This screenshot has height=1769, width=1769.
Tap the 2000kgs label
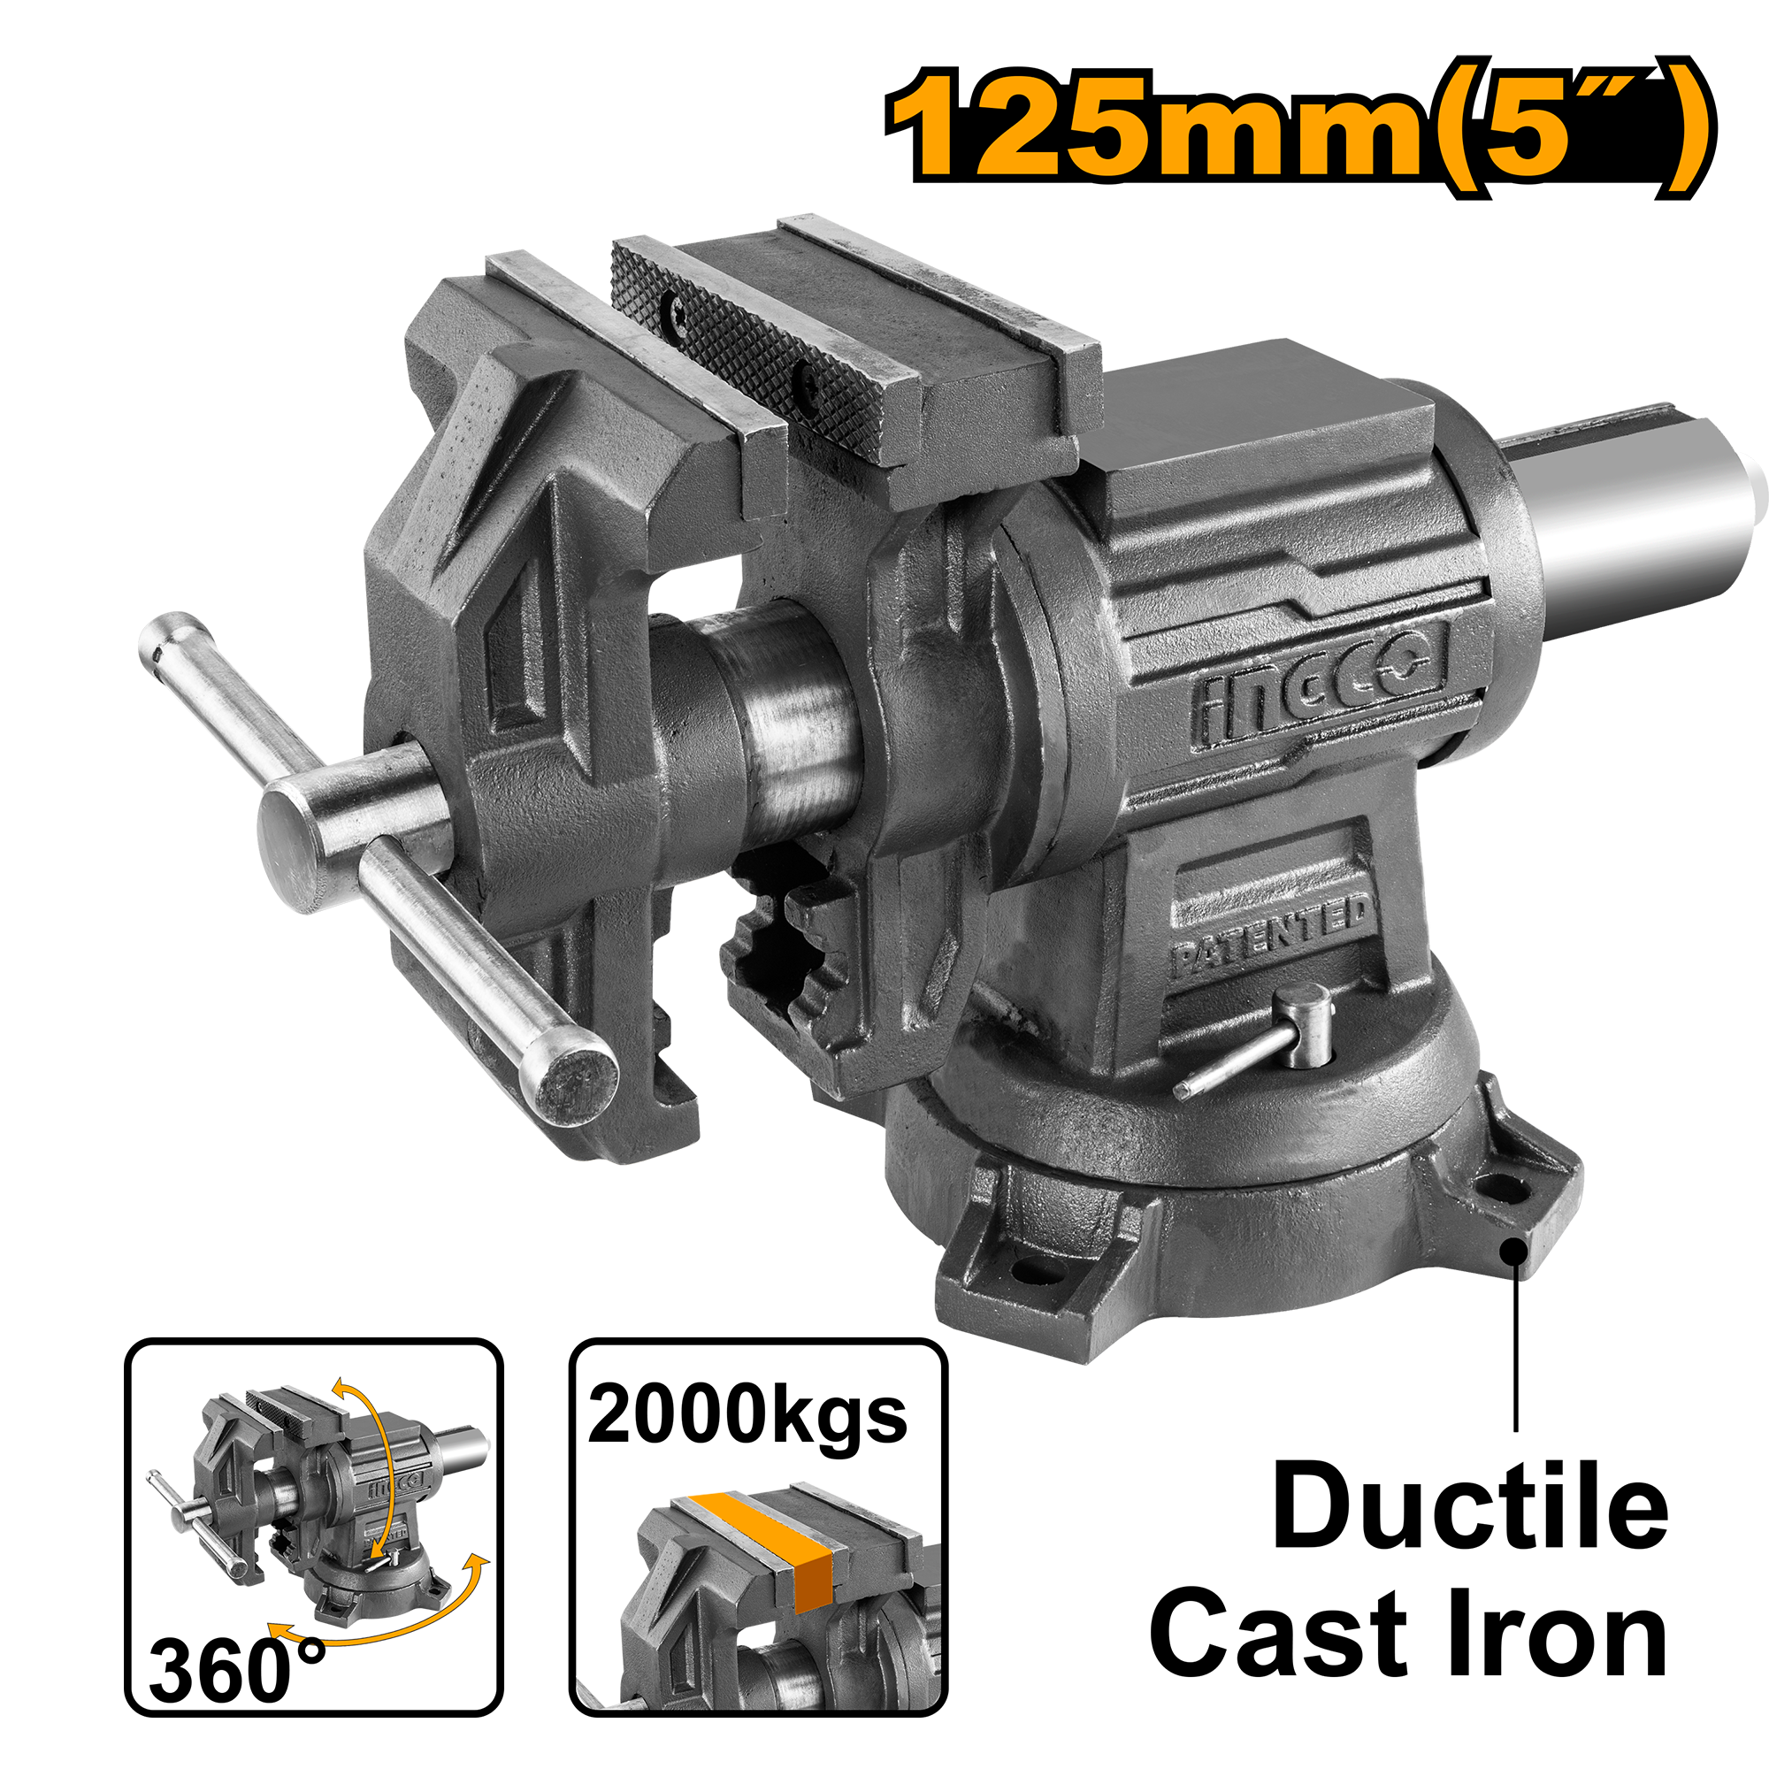(747, 1416)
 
